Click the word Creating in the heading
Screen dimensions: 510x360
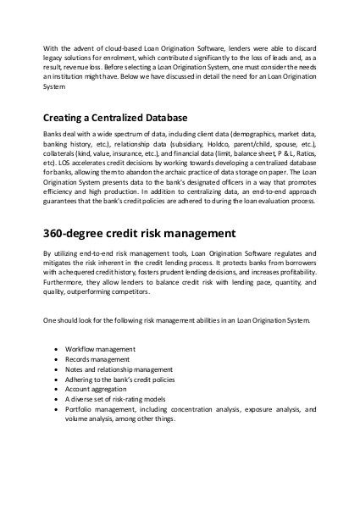click(x=64, y=118)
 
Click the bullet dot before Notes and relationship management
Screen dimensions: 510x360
click(x=57, y=369)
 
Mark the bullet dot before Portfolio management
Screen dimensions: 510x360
click(x=57, y=411)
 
